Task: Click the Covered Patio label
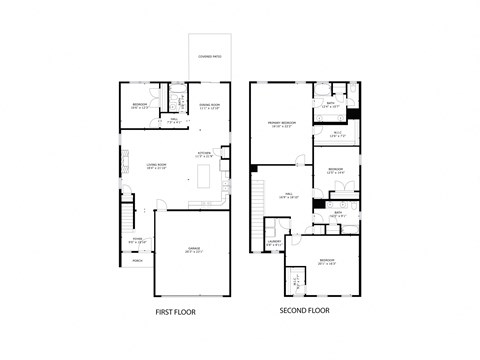[x=209, y=56]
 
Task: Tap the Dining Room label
[x=209, y=105]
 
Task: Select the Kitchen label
[x=204, y=154]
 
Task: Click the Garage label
[x=194, y=250]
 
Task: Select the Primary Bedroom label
[x=280, y=123]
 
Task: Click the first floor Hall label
[x=173, y=120]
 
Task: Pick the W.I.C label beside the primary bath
[x=337, y=134]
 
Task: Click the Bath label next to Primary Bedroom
[x=330, y=103]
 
